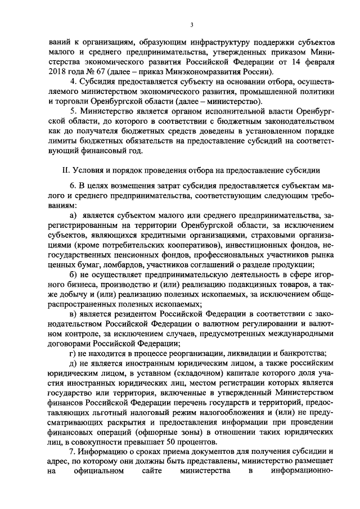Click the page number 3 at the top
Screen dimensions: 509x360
192,25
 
